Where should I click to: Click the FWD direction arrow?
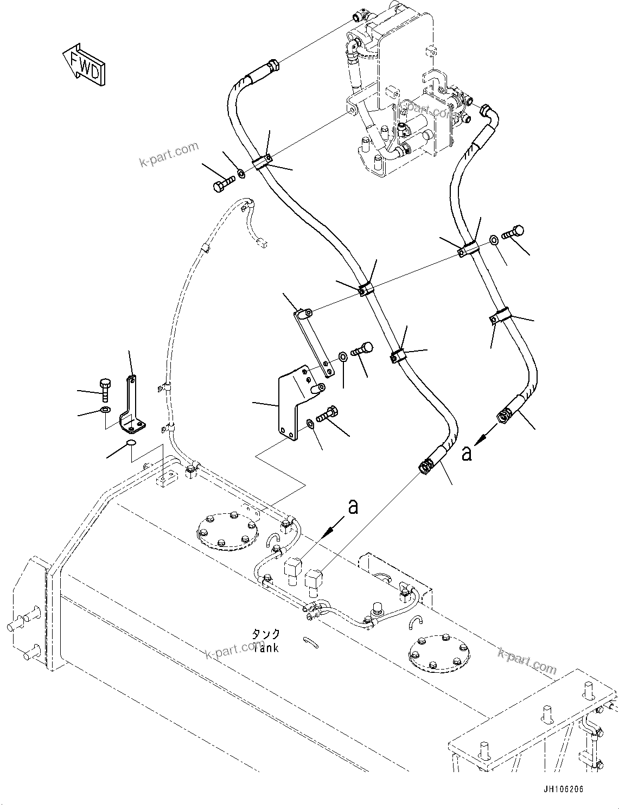84,65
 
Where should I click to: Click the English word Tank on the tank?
266,647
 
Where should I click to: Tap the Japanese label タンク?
266,634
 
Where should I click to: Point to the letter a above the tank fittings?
353,507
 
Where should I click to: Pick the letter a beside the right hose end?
467,453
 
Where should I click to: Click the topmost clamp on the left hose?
263,162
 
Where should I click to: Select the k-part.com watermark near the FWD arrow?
169,155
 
